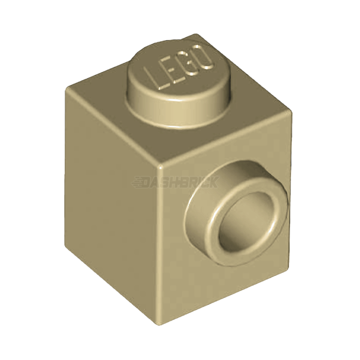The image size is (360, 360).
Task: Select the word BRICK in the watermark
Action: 198,181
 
